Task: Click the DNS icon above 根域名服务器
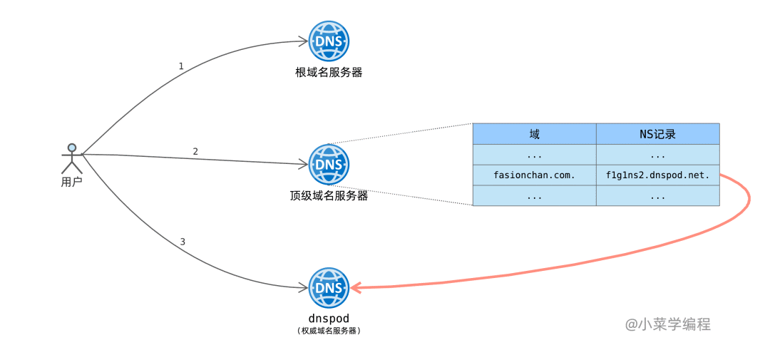click(x=329, y=41)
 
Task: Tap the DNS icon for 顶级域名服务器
click(x=329, y=164)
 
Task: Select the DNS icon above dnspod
click(x=329, y=288)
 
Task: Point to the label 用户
click(x=71, y=182)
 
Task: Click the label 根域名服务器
click(x=329, y=72)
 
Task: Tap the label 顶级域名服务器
click(x=329, y=195)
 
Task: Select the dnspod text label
click(x=329, y=318)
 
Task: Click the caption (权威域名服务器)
click(x=329, y=331)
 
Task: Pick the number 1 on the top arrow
click(x=181, y=66)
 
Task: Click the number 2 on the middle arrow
click(x=195, y=151)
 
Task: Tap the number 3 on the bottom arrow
click(x=183, y=242)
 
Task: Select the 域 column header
click(x=534, y=134)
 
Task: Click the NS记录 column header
click(x=657, y=134)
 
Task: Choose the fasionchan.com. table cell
click(x=534, y=175)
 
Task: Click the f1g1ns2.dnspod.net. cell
click(x=657, y=175)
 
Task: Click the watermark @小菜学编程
click(x=668, y=324)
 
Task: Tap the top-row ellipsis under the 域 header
click(x=534, y=155)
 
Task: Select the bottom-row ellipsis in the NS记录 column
click(x=657, y=196)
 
